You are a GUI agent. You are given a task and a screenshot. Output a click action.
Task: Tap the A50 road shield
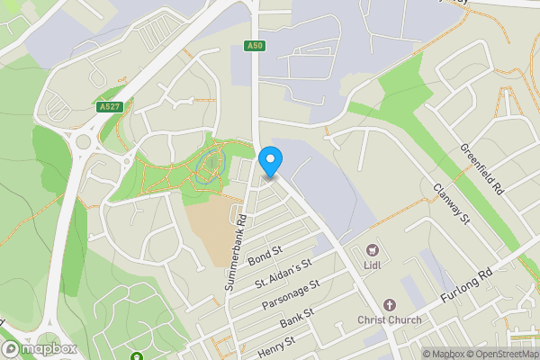[254, 45]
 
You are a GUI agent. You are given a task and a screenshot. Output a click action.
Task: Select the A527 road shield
[109, 105]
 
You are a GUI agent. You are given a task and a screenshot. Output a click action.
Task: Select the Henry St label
[276, 343]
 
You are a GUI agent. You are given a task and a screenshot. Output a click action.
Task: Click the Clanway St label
[452, 204]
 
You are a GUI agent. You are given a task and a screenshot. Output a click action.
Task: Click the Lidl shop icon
[371, 247]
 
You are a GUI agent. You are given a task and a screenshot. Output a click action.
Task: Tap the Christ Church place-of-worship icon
[390, 306]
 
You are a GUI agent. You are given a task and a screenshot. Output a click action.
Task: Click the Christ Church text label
[390, 321]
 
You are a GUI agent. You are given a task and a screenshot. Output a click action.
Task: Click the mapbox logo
[40, 348]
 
